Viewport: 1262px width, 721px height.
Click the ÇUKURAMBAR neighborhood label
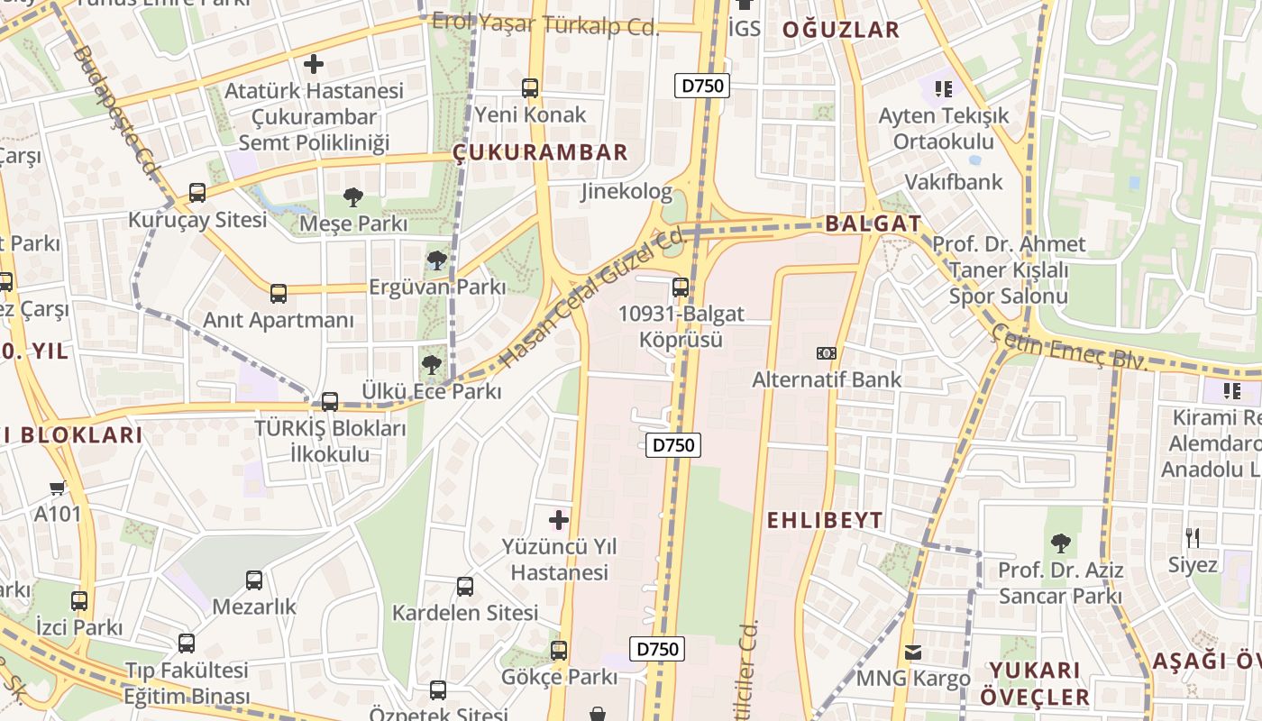[x=540, y=152]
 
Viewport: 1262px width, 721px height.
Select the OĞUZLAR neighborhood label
[x=840, y=30]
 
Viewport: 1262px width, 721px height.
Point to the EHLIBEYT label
[x=825, y=520]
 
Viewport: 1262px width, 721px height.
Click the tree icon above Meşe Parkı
[x=353, y=196]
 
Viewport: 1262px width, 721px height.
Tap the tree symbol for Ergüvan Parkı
[x=437, y=260]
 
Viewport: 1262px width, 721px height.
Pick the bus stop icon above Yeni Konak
[x=530, y=88]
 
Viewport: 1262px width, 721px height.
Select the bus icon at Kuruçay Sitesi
[x=197, y=192]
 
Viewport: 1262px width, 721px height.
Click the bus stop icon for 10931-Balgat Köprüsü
[x=680, y=287]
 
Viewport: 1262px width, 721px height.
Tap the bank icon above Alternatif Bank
[x=826, y=352]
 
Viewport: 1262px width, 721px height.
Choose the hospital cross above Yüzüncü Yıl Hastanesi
[x=559, y=520]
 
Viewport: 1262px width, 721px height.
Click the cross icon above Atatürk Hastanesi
[x=314, y=64]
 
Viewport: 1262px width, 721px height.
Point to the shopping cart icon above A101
[x=58, y=488]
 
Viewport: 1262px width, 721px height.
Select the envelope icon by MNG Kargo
[x=913, y=652]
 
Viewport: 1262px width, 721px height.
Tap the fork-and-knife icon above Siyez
[x=1193, y=538]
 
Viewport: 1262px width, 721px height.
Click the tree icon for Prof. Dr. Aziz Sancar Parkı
[x=1060, y=543]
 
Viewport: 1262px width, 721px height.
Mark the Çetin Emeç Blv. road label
[x=1070, y=347]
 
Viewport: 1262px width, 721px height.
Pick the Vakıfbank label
[x=954, y=182]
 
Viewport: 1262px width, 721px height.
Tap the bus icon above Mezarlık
[x=254, y=580]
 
